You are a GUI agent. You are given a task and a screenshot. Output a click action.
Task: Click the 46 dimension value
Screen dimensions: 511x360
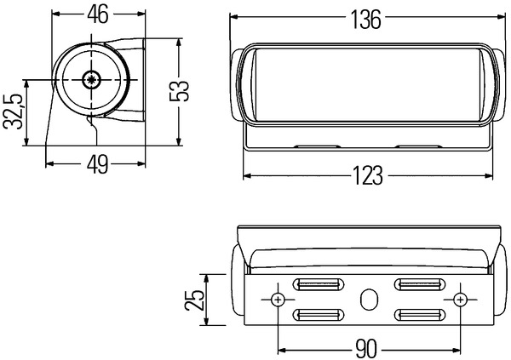98,14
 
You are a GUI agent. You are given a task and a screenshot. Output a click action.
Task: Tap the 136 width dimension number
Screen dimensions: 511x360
365,20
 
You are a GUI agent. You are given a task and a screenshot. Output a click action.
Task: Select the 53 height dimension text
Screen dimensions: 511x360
179,91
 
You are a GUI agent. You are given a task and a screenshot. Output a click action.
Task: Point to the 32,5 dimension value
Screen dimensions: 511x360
14,111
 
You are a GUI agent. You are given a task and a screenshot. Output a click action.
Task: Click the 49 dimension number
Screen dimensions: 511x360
97,164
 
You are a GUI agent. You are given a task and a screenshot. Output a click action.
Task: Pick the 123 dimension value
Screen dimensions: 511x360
368,176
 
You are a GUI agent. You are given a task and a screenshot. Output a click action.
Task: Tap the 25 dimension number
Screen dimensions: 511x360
194,300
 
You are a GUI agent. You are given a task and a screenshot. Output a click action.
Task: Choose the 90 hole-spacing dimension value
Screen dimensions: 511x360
365,349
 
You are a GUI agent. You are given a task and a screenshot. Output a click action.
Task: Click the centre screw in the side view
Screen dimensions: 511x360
92,79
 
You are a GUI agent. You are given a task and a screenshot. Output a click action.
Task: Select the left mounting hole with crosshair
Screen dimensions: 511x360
278,300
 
